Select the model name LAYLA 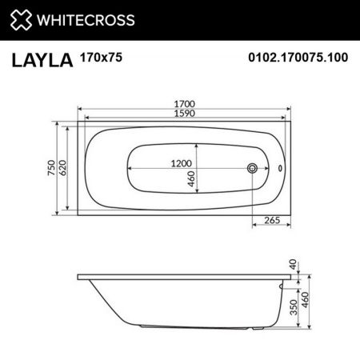click(41, 59)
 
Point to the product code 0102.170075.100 click(298, 58)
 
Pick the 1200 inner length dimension click(184, 162)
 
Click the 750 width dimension click(51, 169)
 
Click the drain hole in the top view click(253, 169)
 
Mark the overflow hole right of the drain click(279, 169)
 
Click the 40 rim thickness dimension click(294, 264)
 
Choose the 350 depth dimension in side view click(294, 302)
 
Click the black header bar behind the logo click(240, 18)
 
